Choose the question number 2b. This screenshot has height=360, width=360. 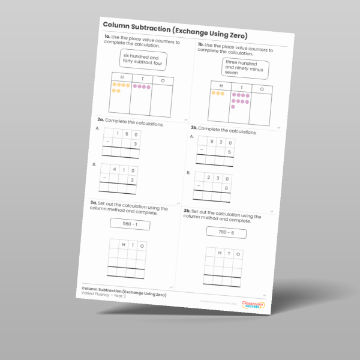pos(194,128)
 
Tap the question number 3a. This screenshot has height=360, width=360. pos(94,203)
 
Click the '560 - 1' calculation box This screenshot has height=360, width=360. pos(130,224)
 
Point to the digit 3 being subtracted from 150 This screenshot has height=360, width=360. pos(136,145)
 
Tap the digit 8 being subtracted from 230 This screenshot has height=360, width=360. pos(225,188)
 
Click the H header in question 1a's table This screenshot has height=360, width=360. pos(122,77)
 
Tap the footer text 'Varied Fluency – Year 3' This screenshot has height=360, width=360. pos(106,294)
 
